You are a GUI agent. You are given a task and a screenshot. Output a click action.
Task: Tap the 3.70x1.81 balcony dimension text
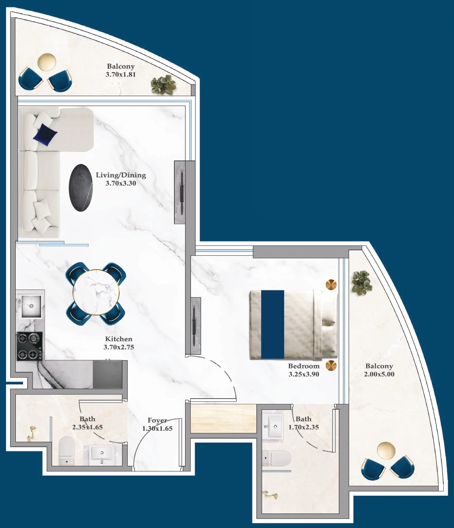pos(121,75)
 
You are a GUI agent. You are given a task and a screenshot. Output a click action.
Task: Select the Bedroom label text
pos(304,366)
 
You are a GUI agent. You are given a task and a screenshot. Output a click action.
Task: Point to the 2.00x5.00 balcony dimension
pos(379,374)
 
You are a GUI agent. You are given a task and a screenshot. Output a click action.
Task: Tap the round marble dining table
pos(96,292)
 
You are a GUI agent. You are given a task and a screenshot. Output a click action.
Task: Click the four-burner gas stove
pos(30,346)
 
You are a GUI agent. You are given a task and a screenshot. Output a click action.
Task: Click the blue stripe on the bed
pos(272,324)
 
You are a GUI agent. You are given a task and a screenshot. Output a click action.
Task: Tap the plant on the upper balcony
pos(163,85)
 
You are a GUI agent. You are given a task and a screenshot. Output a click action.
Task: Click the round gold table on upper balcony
pos(47,62)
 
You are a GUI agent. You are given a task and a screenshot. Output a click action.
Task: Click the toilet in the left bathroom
pos(67,450)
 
